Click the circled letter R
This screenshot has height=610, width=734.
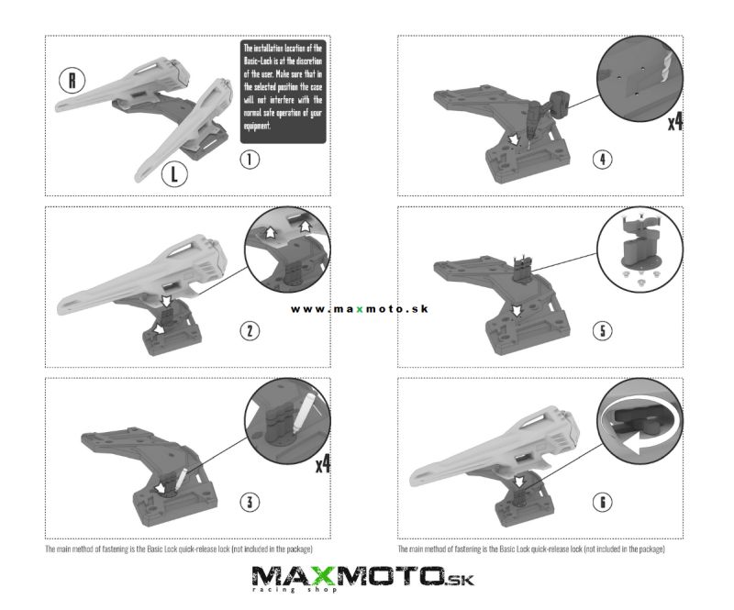[x=72, y=80]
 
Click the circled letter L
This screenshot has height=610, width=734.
[x=174, y=174]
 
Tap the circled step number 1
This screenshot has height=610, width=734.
[x=250, y=160]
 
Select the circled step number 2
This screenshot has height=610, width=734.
[x=250, y=331]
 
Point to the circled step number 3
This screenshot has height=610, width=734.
[x=250, y=503]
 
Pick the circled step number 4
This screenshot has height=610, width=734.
[x=603, y=160]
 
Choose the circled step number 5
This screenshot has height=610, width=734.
[x=603, y=331]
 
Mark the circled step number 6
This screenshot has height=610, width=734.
[x=603, y=503]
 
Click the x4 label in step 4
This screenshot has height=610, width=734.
[x=675, y=122]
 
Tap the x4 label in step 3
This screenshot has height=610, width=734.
[x=323, y=465]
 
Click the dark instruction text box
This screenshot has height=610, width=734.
[x=284, y=92]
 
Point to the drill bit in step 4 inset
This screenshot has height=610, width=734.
[x=667, y=67]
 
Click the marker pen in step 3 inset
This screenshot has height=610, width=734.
[x=303, y=413]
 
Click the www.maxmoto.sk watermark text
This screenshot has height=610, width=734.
[x=359, y=309]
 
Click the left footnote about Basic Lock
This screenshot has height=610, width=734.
[x=178, y=549]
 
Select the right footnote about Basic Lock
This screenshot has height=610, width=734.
[x=531, y=549]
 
